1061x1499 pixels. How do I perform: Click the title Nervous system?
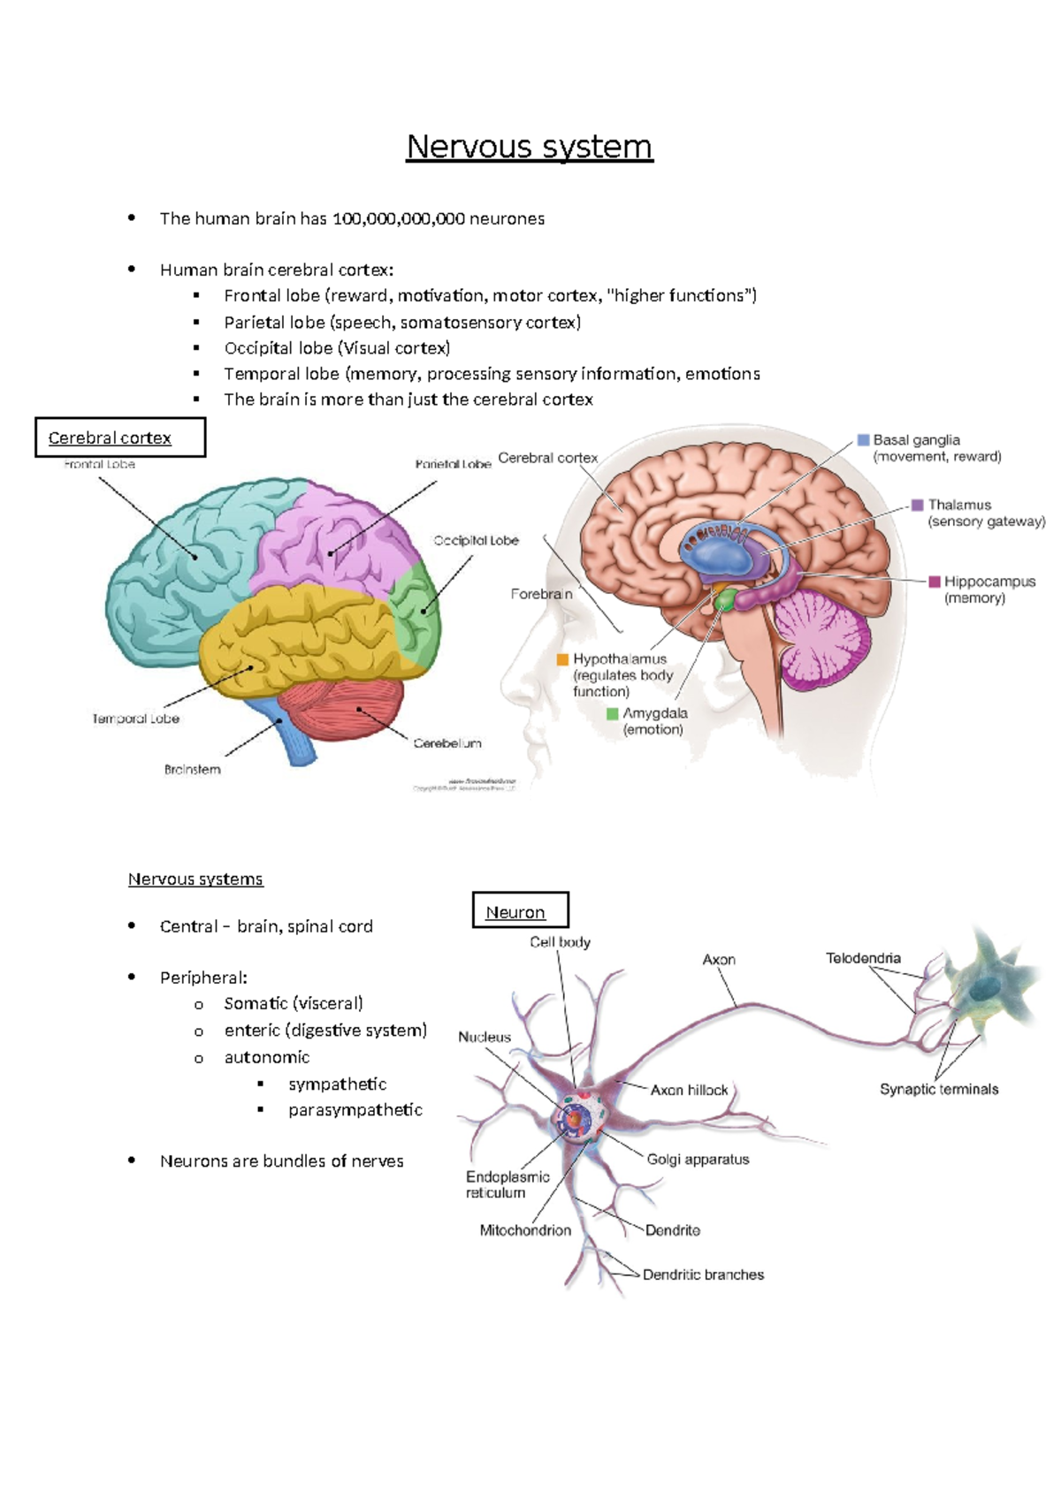click(529, 147)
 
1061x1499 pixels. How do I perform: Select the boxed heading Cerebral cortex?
click(110, 438)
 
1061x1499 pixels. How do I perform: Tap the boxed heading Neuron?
click(515, 912)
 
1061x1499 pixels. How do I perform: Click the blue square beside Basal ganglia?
click(864, 439)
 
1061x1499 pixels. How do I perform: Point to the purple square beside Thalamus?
click(918, 505)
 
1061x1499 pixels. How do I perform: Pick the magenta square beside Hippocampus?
click(935, 582)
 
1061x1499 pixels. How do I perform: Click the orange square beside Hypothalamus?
click(562, 659)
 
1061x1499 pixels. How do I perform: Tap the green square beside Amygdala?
click(613, 713)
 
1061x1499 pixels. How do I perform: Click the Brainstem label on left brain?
click(192, 770)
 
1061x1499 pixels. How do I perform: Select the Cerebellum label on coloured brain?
click(447, 743)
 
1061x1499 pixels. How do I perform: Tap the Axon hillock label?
click(689, 1090)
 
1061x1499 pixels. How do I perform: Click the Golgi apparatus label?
click(698, 1159)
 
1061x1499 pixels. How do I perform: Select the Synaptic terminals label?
click(938, 1089)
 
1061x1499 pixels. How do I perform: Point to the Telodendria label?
click(863, 958)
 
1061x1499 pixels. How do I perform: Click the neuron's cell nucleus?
click(575, 1119)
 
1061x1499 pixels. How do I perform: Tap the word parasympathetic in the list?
click(355, 1110)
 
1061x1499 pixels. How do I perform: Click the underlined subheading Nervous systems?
click(195, 879)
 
